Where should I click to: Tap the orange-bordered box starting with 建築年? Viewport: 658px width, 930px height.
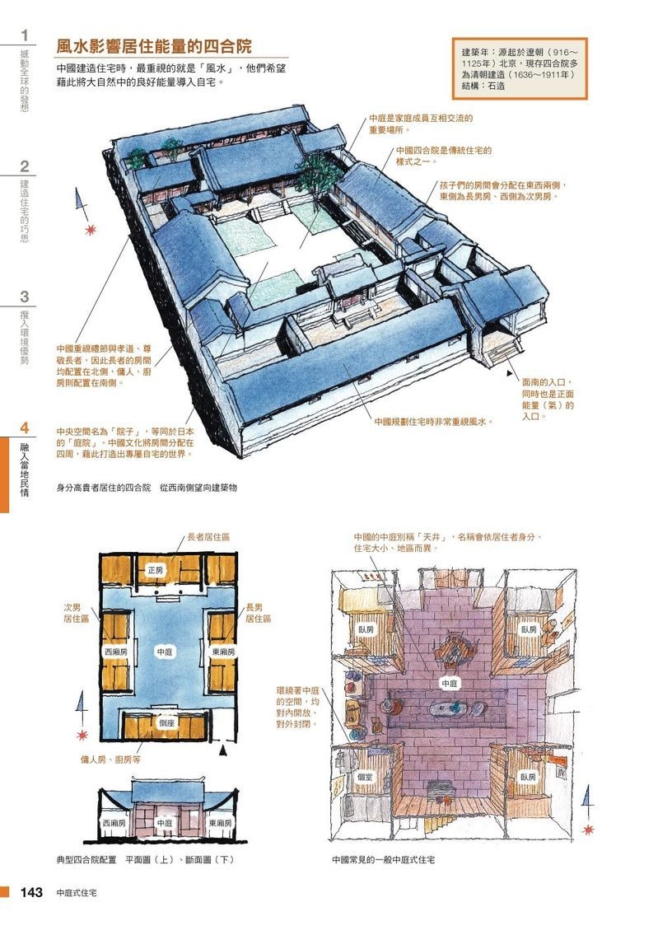(x=519, y=68)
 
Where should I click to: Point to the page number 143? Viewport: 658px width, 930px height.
(x=31, y=893)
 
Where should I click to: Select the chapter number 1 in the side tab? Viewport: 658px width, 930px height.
(x=25, y=35)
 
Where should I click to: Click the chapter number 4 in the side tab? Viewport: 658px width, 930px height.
(x=25, y=428)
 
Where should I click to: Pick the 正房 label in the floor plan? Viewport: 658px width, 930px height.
(x=156, y=570)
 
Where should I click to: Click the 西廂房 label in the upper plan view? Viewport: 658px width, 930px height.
(x=115, y=652)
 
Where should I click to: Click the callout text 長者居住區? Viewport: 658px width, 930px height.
(x=208, y=536)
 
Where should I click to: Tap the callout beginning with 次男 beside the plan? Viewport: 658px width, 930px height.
(x=76, y=612)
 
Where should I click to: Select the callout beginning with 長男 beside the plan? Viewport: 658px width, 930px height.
(x=258, y=612)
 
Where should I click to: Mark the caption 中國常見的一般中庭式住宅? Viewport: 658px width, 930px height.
(x=383, y=859)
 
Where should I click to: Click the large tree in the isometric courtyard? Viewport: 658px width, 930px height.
(x=313, y=173)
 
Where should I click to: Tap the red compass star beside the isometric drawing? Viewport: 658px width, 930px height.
(x=90, y=229)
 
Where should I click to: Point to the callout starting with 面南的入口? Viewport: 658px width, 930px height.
(x=548, y=400)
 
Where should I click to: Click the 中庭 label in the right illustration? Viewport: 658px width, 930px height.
(x=449, y=683)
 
